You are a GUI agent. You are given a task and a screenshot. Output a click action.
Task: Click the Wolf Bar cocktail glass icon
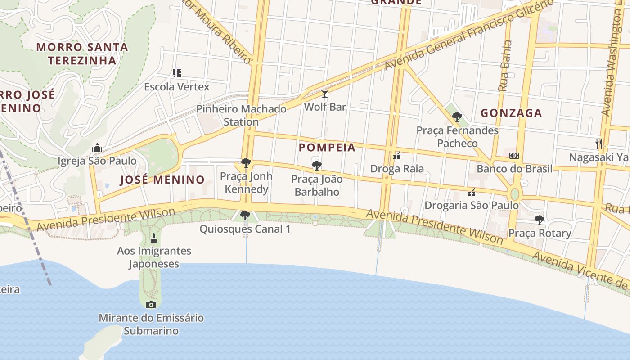click(x=324, y=94)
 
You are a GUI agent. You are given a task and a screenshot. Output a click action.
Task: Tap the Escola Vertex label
click(x=176, y=86)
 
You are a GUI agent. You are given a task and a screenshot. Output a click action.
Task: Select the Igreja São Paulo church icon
click(x=97, y=148)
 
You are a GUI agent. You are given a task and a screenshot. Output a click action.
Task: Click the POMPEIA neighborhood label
click(x=327, y=148)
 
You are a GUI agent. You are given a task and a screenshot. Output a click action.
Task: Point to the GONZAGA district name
click(x=511, y=113)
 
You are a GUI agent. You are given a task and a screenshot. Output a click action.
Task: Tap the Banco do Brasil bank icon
click(x=514, y=156)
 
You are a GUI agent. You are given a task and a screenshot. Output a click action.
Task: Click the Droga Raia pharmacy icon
click(x=397, y=156)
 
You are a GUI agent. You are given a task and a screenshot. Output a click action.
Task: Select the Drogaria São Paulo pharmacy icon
click(x=472, y=193)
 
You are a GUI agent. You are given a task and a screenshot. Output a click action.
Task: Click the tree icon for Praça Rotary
click(x=539, y=220)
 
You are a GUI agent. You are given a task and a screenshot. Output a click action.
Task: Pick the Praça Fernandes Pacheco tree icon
click(x=457, y=117)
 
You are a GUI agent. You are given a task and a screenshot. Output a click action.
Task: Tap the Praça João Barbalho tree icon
click(x=316, y=166)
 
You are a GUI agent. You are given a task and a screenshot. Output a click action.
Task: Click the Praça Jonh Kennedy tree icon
click(x=246, y=162)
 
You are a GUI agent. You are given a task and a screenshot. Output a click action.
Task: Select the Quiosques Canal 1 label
click(x=245, y=229)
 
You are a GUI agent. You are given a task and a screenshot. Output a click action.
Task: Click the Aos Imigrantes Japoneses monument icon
click(x=154, y=238)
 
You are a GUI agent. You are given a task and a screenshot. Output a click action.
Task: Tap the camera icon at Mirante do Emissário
click(x=151, y=305)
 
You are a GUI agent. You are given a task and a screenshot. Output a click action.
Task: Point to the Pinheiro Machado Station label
click(x=241, y=115)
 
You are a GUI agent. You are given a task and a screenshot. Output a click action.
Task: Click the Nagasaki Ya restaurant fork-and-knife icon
click(x=599, y=144)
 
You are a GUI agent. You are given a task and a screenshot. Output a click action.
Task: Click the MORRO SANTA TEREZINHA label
click(x=82, y=54)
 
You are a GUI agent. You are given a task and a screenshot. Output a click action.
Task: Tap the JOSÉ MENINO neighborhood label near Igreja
click(x=162, y=180)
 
